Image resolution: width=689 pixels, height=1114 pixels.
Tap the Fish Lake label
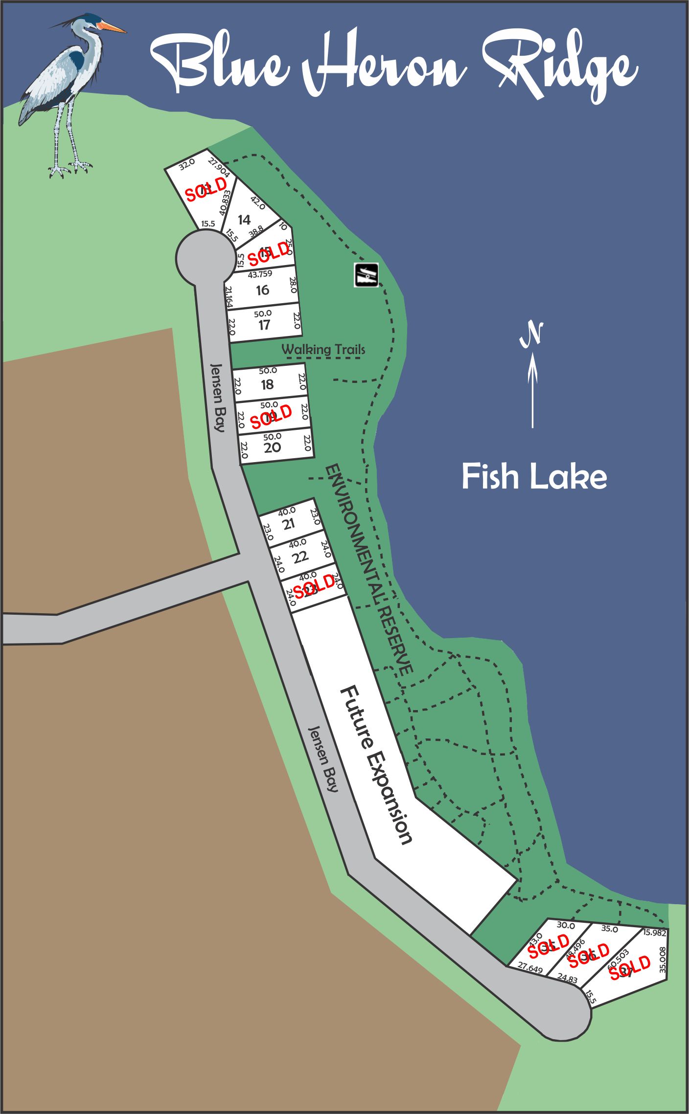[x=534, y=477]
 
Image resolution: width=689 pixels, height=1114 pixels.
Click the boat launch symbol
[x=367, y=275]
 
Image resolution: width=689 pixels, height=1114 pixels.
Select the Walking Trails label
[x=323, y=349]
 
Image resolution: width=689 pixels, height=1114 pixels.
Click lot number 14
[x=244, y=220]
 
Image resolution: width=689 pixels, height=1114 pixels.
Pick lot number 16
[x=263, y=290]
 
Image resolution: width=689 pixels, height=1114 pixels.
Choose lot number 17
[x=264, y=325]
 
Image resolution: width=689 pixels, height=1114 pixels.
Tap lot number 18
[x=267, y=385]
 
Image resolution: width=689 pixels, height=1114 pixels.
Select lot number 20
[x=272, y=447]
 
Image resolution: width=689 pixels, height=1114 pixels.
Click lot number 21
[x=289, y=524]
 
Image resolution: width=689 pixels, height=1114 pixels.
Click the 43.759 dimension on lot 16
[x=260, y=274]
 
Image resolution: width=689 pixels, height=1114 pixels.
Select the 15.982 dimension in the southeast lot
[x=654, y=933]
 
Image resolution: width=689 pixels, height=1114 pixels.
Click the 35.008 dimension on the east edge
[x=663, y=958]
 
